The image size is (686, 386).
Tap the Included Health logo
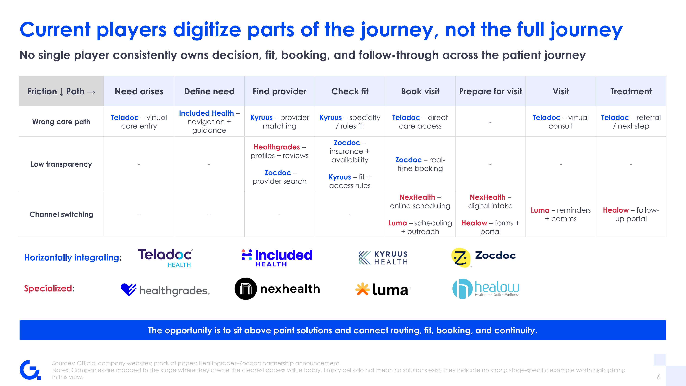[277, 258]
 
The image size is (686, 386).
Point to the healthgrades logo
[165, 290]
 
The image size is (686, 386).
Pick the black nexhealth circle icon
[246, 289]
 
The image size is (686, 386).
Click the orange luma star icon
[363, 289]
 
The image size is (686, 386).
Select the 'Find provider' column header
[280, 91]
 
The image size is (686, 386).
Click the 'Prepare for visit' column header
[491, 91]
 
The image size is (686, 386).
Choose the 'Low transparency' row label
[61, 164]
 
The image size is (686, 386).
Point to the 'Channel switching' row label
[61, 214]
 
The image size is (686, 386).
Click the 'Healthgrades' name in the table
[277, 147]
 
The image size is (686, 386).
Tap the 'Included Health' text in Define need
[206, 113]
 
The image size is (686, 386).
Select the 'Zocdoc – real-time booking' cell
[420, 164]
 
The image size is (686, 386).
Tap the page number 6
[659, 377]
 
